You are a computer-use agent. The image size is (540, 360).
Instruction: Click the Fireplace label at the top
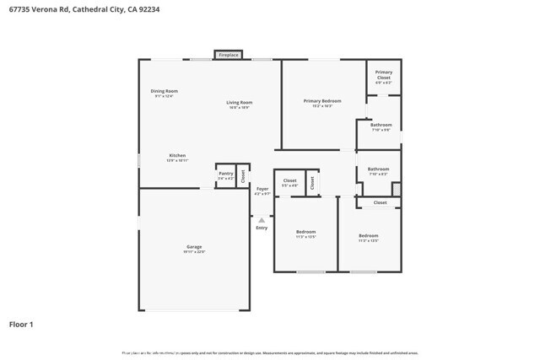click(x=229, y=55)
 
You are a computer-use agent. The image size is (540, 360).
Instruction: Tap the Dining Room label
click(x=164, y=91)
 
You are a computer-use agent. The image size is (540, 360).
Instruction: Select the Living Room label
click(x=239, y=103)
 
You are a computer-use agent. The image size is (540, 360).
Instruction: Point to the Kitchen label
click(x=177, y=155)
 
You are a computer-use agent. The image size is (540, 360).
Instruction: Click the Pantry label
click(x=225, y=173)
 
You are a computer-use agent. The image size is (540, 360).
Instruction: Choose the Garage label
click(x=194, y=246)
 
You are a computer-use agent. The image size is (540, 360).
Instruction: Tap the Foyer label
click(x=262, y=189)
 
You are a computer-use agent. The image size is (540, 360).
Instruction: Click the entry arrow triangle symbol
click(x=262, y=220)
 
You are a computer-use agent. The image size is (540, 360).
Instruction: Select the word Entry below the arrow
click(x=262, y=228)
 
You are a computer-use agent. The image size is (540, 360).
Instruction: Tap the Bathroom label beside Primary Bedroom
click(x=381, y=125)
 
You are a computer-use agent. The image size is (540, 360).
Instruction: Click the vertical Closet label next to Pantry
click(x=243, y=176)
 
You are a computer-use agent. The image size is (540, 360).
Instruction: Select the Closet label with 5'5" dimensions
click(x=289, y=180)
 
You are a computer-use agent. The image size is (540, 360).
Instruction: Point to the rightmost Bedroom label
click(x=368, y=235)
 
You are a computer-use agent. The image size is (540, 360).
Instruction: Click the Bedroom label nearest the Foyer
click(x=305, y=232)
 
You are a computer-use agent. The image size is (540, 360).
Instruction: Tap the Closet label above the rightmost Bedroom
click(x=380, y=202)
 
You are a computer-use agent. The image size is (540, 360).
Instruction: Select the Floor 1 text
click(x=21, y=324)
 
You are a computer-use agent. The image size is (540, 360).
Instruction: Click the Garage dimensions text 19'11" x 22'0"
click(x=194, y=251)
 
